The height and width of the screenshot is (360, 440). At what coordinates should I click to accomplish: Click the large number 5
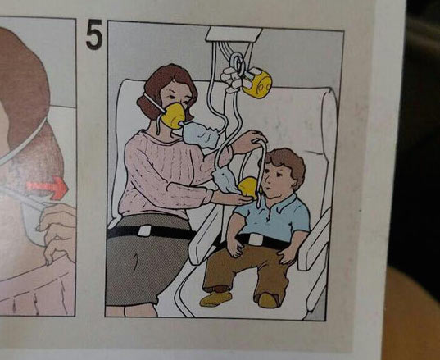[x=94, y=34]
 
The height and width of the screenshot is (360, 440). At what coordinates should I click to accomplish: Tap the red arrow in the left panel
[x=48, y=188]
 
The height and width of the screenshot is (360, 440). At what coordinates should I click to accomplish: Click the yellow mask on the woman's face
[x=173, y=116]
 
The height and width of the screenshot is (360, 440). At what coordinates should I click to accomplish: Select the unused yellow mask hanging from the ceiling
[x=256, y=83]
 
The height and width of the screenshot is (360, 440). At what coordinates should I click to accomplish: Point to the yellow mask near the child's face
[x=247, y=187]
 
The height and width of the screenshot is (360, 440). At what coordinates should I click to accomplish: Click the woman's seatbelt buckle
[x=144, y=230]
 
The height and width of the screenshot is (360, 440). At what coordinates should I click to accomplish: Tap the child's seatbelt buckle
[x=256, y=239]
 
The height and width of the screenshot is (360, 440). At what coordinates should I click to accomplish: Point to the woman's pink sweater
[x=166, y=174]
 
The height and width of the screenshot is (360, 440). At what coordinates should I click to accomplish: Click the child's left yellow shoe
[x=215, y=299]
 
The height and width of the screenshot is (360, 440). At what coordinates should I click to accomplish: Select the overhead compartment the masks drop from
[x=234, y=34]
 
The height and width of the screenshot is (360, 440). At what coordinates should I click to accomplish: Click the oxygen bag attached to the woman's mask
[x=201, y=134]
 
